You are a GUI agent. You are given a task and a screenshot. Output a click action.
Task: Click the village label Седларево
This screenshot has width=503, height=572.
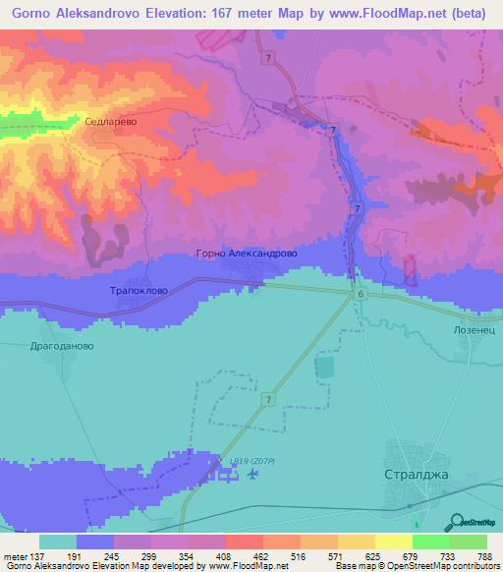110,123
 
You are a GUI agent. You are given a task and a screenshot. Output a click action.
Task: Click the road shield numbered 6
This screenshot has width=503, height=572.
361,294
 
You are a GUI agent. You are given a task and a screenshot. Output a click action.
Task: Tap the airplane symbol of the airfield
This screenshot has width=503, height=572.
254,476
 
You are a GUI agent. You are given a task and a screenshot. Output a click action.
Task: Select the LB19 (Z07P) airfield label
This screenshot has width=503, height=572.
253,460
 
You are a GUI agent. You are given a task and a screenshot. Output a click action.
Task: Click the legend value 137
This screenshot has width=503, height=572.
40,555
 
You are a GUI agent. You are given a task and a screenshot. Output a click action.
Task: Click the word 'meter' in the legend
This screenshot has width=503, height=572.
16,555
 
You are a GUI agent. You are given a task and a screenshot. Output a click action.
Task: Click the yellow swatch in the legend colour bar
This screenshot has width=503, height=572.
393,542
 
